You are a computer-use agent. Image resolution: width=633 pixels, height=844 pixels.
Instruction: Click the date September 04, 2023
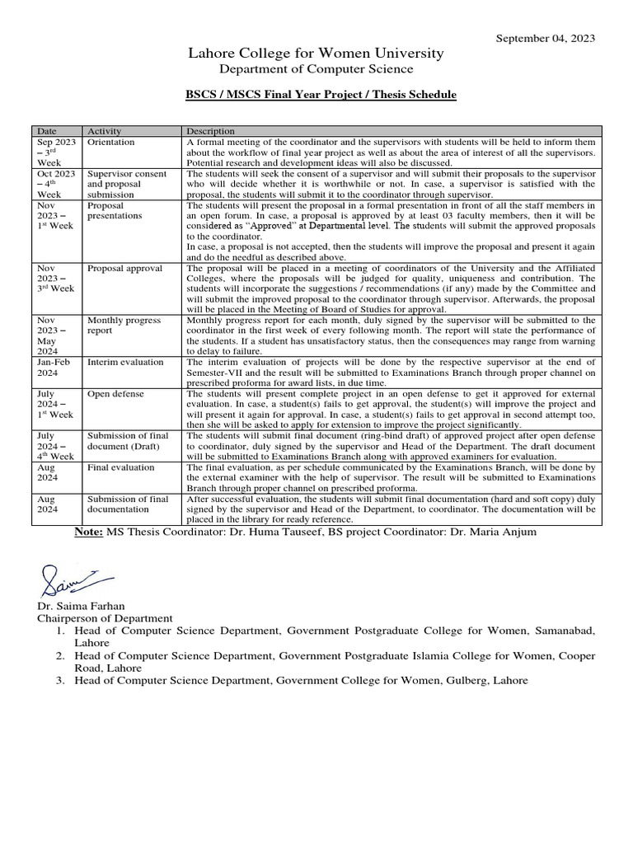545,38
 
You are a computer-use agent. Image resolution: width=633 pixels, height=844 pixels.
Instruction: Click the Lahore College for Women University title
316,54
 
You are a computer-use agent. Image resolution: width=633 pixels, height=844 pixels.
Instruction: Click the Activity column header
105,131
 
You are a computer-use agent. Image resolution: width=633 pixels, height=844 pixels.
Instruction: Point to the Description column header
210,131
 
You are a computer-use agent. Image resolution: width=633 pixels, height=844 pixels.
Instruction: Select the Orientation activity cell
111,143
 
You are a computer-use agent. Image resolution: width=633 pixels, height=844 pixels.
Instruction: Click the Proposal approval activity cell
125,269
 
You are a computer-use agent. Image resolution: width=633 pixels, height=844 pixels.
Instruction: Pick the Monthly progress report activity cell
124,326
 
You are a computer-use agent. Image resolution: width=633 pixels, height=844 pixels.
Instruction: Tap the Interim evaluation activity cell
125,363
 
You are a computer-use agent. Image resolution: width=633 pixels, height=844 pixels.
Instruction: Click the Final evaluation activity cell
121,467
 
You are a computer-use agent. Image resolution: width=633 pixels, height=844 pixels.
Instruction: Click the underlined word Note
89,532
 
